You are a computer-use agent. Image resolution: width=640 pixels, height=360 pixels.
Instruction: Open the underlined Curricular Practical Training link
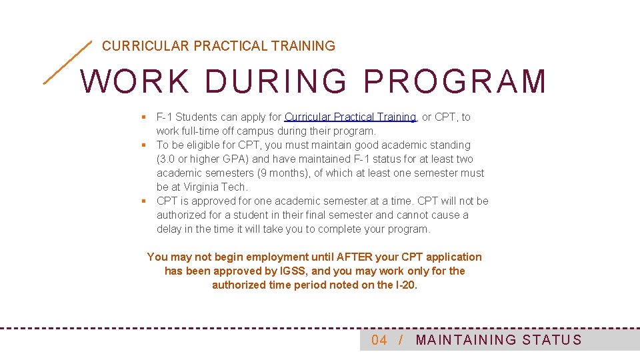click(x=350, y=117)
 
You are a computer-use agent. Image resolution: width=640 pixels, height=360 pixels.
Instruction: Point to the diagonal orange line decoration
click(x=67, y=62)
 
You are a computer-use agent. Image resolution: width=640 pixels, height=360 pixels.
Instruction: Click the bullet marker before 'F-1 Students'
click(x=143, y=117)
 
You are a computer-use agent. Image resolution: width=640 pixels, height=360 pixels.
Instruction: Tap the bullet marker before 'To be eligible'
click(x=143, y=145)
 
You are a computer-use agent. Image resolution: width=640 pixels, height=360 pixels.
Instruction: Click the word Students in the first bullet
click(x=195, y=117)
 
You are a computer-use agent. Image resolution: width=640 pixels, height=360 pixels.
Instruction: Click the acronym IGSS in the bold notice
click(x=293, y=271)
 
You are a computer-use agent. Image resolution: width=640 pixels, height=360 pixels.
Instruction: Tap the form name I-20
click(x=406, y=285)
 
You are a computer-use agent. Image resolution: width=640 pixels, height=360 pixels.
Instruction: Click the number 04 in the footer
click(x=379, y=340)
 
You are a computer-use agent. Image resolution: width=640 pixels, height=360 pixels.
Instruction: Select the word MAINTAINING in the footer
click(x=466, y=340)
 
